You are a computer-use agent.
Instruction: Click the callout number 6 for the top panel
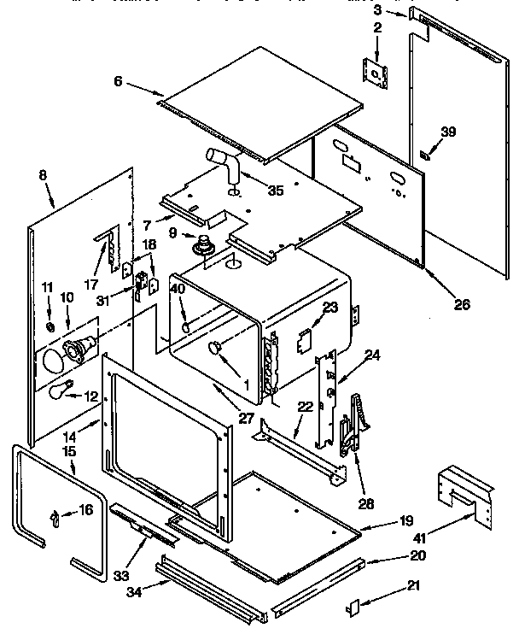pyautogui.click(x=118, y=81)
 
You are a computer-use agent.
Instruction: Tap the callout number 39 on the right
pyautogui.click(x=448, y=132)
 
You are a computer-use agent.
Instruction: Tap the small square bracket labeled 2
pyautogui.click(x=375, y=73)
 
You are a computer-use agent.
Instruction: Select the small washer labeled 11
pyautogui.click(x=50, y=327)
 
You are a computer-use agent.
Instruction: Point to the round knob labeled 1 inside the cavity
pyautogui.click(x=214, y=346)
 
